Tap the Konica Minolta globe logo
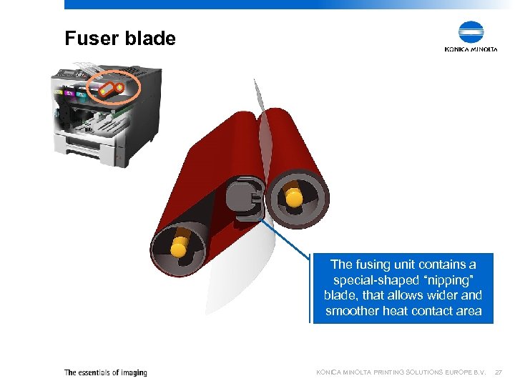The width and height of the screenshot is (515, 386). pyautogui.click(x=471, y=32)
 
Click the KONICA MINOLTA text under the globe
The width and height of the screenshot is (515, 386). pyautogui.click(x=471, y=49)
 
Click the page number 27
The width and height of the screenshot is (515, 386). pyautogui.click(x=499, y=372)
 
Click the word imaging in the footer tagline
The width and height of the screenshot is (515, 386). pyautogui.click(x=133, y=372)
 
